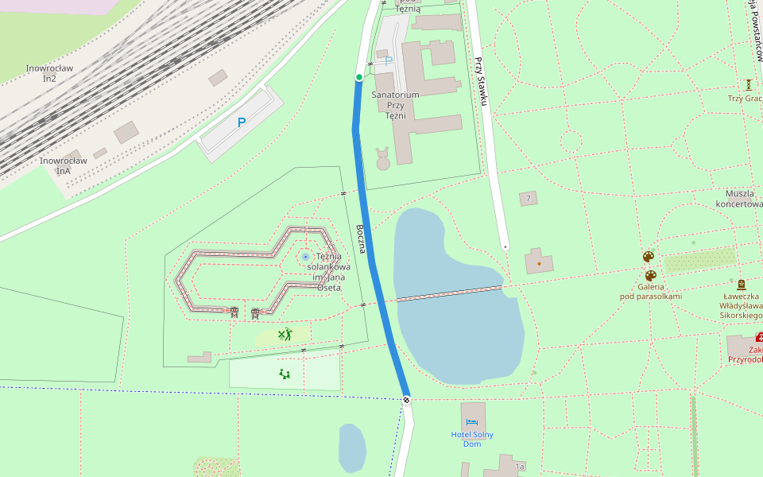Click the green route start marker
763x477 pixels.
click(359, 77)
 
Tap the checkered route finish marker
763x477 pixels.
click(406, 399)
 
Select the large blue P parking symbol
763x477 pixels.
click(242, 123)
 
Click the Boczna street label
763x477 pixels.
click(362, 239)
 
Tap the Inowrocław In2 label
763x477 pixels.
click(49, 73)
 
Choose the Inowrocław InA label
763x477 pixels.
click(63, 165)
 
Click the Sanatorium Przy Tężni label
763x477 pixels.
click(395, 105)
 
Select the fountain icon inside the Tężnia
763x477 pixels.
click(306, 257)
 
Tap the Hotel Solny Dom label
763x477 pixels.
click(472, 439)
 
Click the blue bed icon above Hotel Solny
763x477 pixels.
click(472, 422)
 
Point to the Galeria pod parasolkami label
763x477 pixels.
click(651, 291)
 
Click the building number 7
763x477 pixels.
click(528, 198)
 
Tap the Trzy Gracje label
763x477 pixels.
click(745, 99)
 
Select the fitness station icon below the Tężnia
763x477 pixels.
click(285, 335)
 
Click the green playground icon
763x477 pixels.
click(284, 373)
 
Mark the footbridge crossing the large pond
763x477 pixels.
click(449, 293)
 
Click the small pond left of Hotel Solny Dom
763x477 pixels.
click(351, 447)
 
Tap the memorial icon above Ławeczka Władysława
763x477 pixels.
click(742, 284)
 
